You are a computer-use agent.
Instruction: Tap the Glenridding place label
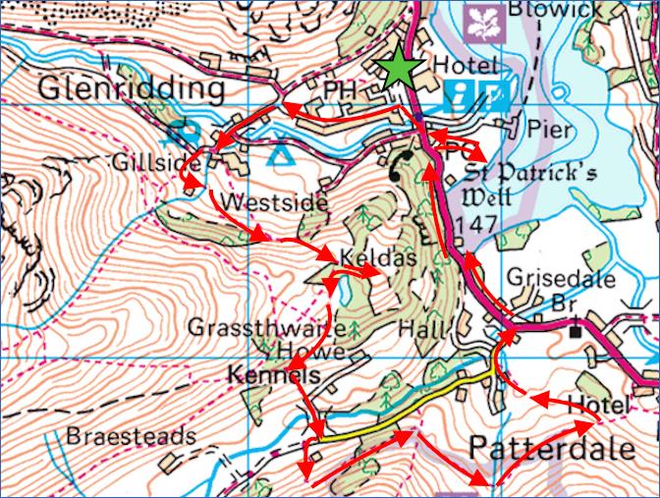(x=132, y=89)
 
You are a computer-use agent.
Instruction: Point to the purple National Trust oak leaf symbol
(x=484, y=18)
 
